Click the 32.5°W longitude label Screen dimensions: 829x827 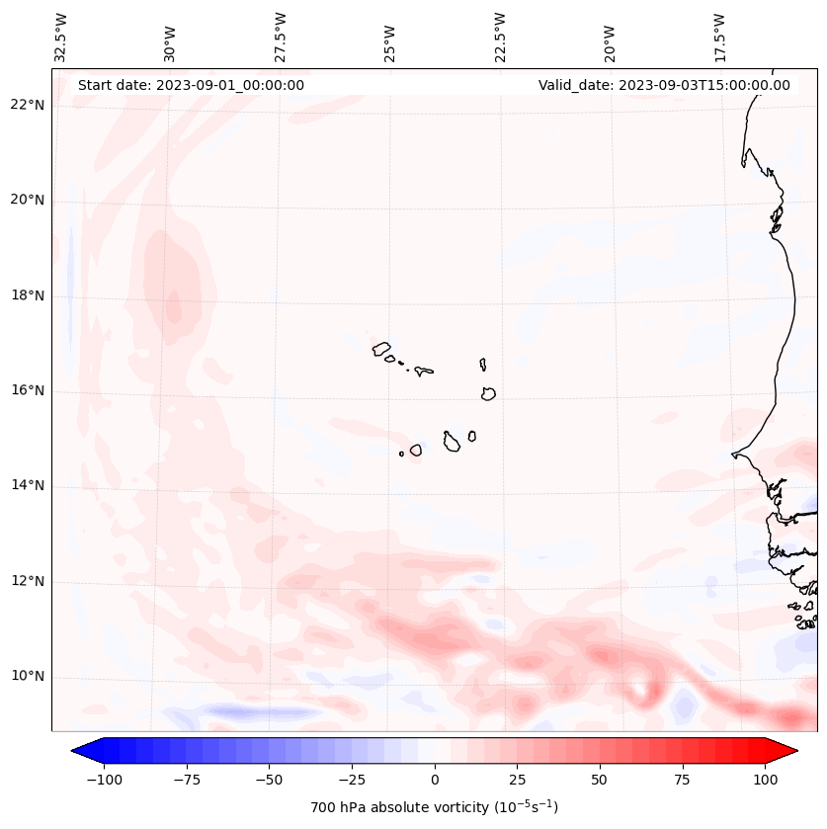point(61,37)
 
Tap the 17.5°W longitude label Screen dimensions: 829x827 point(719,37)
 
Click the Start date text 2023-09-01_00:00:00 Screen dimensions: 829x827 point(191,85)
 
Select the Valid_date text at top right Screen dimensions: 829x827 point(664,85)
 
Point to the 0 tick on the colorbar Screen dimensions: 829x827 point(435,780)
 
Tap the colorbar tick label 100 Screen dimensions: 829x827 point(765,780)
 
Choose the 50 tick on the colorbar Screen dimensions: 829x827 point(600,780)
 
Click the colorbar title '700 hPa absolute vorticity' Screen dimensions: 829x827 point(435,807)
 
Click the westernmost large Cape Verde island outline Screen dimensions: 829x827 point(381,348)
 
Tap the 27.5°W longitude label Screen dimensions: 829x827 point(281,37)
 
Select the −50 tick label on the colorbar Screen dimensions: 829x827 point(270,780)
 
